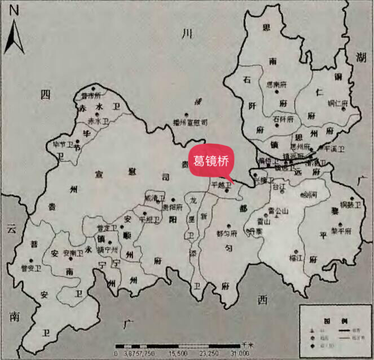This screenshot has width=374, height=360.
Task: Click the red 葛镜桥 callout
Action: [x=212, y=160]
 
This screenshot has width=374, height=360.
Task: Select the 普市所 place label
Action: [x=90, y=96]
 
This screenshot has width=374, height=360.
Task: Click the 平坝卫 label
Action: [x=149, y=219]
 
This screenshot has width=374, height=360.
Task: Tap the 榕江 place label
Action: [x=296, y=258]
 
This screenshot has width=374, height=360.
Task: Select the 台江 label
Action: [x=279, y=186]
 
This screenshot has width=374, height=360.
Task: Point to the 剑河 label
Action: [x=309, y=195]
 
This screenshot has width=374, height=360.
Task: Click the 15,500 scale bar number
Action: [x=178, y=353]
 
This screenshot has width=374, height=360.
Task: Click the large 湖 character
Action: [x=361, y=55]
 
